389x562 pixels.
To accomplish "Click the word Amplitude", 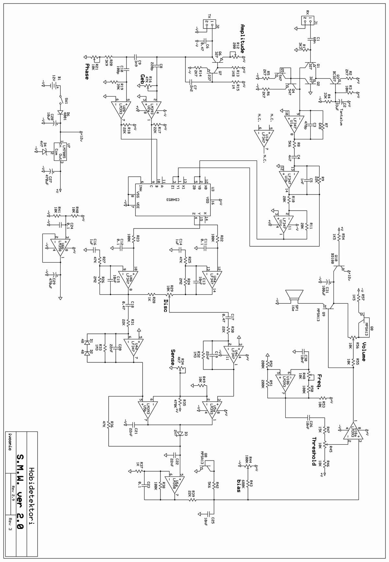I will click(x=242, y=39).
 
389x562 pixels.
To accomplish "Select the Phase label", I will click(x=87, y=71).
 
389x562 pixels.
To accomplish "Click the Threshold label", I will click(x=314, y=451).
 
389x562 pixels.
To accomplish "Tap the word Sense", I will click(x=173, y=357).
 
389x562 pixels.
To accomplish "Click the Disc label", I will click(x=165, y=306).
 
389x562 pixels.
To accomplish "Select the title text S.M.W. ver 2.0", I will click(x=20, y=492).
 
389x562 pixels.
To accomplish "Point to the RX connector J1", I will click(x=306, y=21).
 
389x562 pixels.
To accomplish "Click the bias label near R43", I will click(x=239, y=486).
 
